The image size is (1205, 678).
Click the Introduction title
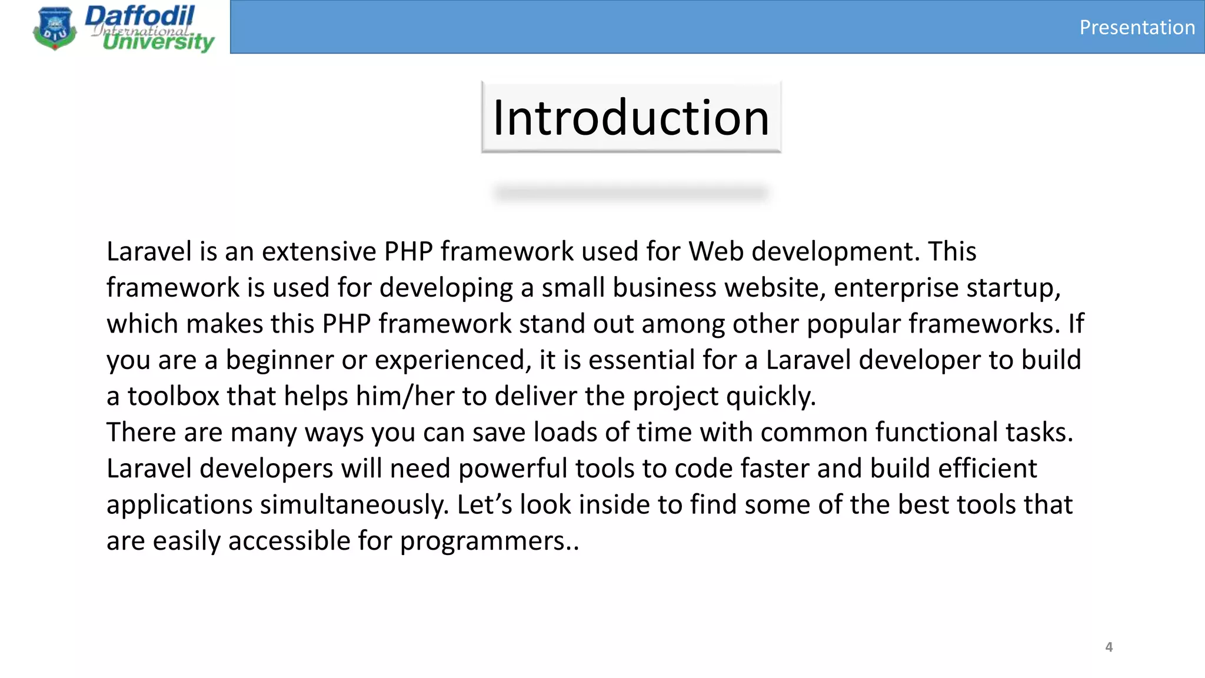(x=631, y=118)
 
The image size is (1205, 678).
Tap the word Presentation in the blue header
(x=1137, y=28)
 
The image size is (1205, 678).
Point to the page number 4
(x=1109, y=647)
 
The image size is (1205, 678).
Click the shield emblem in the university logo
(x=55, y=28)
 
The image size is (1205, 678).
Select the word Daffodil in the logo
(x=140, y=16)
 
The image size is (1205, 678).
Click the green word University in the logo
(x=158, y=42)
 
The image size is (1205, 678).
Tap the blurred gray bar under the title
(x=631, y=193)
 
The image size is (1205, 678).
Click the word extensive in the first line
(x=319, y=252)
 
